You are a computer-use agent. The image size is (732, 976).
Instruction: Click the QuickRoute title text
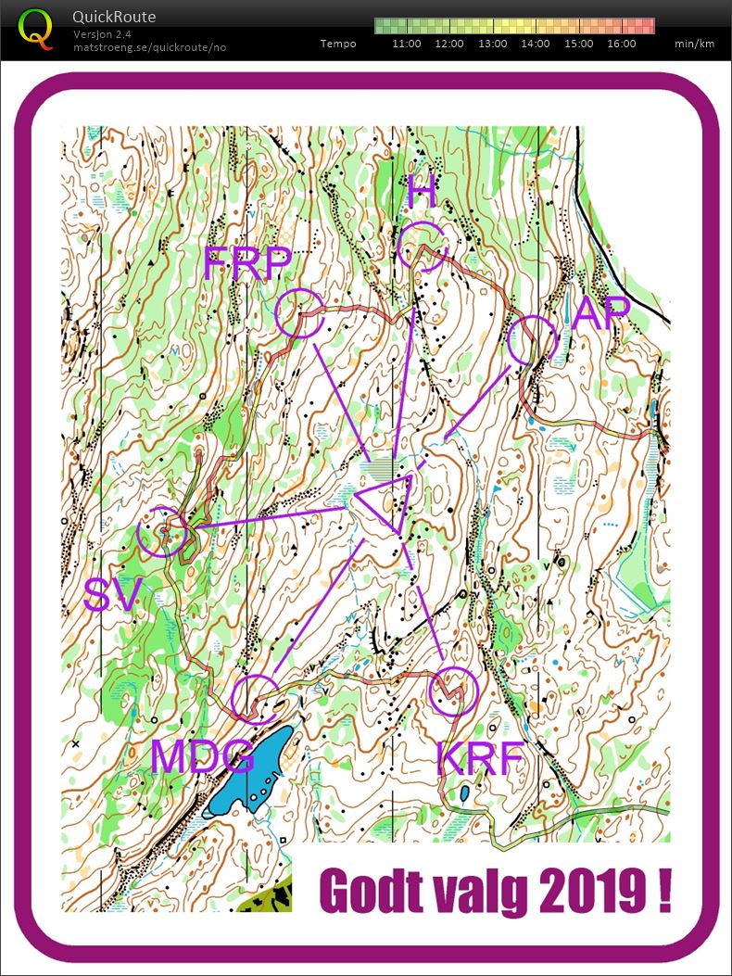[114, 17]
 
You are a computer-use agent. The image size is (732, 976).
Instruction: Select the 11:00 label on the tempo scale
[407, 44]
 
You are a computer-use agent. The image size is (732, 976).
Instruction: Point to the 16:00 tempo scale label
[621, 44]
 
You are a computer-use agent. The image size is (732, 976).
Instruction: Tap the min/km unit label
[694, 44]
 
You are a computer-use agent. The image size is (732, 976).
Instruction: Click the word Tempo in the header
[338, 44]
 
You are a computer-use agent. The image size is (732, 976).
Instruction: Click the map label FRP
[247, 266]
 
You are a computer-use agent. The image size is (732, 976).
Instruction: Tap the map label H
[422, 192]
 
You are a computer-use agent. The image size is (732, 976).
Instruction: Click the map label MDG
[202, 756]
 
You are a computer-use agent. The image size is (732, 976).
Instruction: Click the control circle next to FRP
[299, 312]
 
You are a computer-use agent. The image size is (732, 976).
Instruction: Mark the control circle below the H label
[425, 246]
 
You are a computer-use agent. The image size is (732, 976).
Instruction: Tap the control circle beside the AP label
[532, 340]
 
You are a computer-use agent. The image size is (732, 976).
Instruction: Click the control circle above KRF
[455, 691]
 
